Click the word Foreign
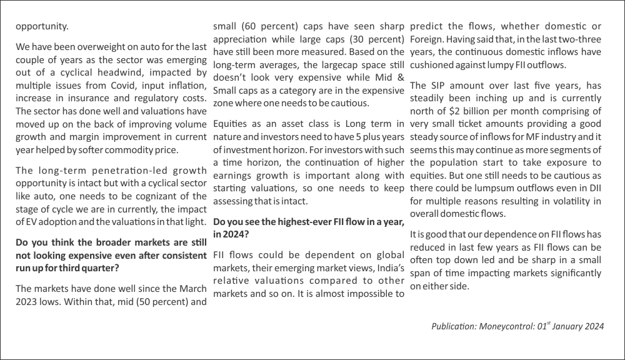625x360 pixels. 427,39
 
